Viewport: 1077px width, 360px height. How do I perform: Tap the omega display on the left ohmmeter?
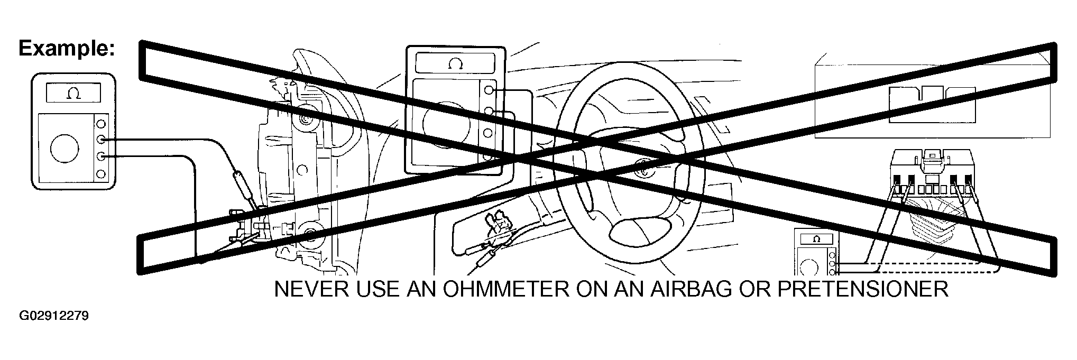coord(73,94)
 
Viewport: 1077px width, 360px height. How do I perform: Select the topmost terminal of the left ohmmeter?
coord(101,124)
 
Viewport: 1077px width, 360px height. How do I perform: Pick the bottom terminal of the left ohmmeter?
coord(101,173)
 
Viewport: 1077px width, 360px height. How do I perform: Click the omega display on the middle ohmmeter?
coord(455,64)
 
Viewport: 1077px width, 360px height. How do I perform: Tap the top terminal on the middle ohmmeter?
coord(489,90)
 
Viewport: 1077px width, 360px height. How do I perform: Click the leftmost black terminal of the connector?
coord(898,180)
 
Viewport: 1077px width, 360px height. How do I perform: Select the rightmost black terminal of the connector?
coord(969,180)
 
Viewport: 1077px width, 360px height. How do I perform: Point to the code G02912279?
coord(53,317)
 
